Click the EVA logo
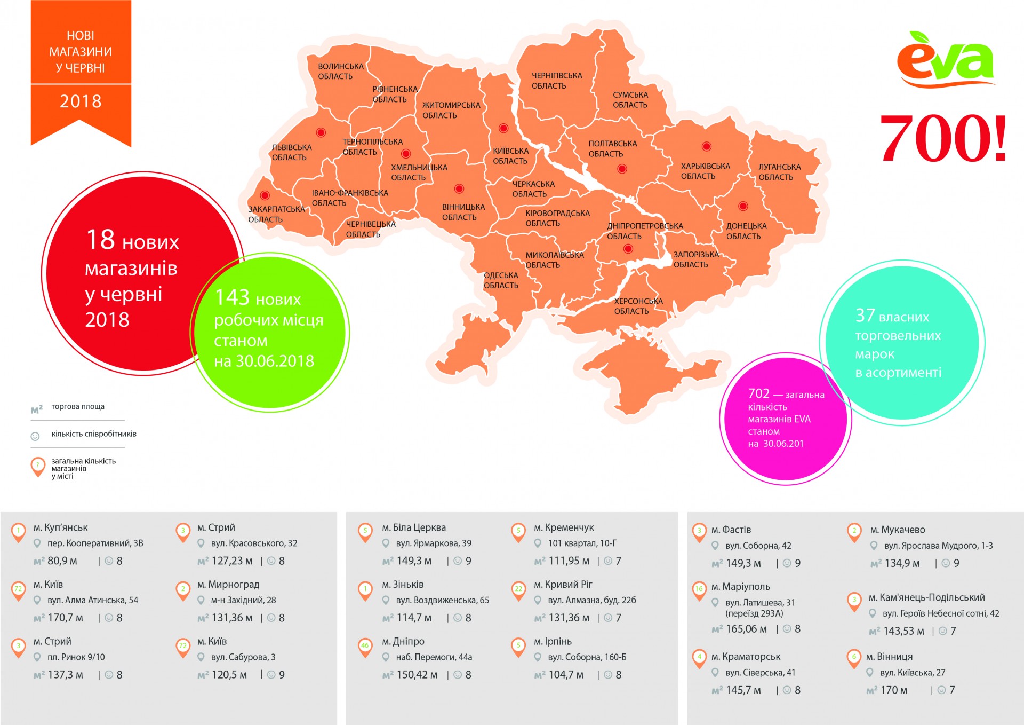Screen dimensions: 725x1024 945,60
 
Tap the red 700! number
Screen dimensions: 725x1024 943,138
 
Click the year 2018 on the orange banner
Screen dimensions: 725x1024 81,101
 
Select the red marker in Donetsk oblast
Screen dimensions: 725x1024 743,206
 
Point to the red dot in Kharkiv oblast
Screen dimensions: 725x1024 707,146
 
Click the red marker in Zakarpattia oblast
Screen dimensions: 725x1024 265,195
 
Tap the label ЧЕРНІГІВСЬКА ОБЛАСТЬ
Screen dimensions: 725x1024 556,81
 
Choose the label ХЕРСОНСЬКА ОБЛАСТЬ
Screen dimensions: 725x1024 638,306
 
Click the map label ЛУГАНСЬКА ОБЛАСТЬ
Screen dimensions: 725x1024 779,172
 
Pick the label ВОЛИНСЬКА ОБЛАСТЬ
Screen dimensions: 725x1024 340,72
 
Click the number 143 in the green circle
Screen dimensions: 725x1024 232,297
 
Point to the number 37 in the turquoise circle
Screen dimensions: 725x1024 865,316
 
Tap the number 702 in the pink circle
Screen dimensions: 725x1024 758,393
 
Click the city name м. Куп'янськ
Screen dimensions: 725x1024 60,527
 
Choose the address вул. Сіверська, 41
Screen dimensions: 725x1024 760,673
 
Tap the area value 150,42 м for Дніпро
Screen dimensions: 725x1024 417,675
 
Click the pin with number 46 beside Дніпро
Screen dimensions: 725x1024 365,646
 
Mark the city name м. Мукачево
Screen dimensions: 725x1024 898,530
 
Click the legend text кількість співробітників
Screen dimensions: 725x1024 94,434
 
